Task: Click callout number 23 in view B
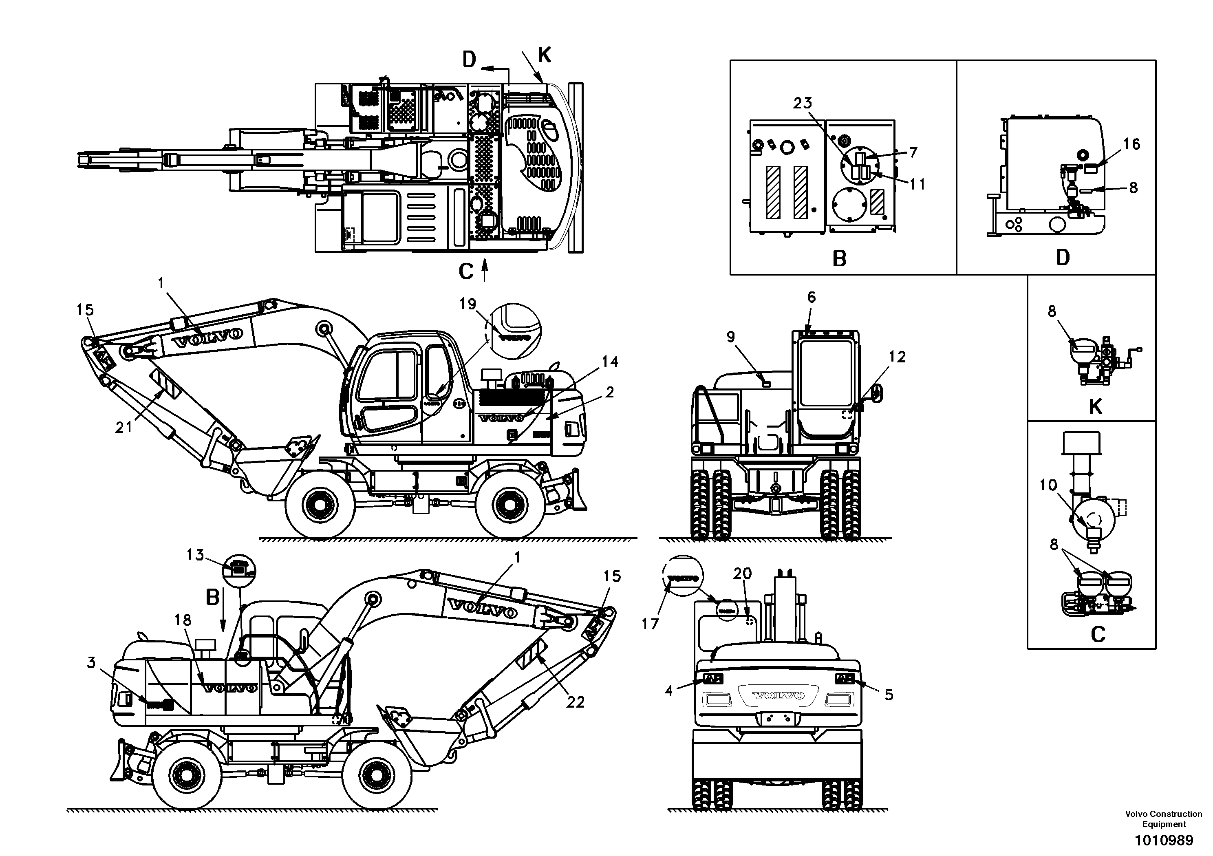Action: pos(802,102)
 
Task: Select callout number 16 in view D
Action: pos(1131,144)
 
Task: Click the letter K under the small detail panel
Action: pos(1095,407)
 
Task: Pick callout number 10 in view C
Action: pos(1048,485)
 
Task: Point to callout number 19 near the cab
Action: pos(468,304)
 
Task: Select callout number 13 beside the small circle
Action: pos(195,555)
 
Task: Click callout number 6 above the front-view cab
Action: pos(812,298)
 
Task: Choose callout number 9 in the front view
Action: pos(731,337)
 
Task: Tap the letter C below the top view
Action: pos(465,272)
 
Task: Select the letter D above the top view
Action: pos(470,60)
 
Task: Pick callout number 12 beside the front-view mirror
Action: pos(897,357)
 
